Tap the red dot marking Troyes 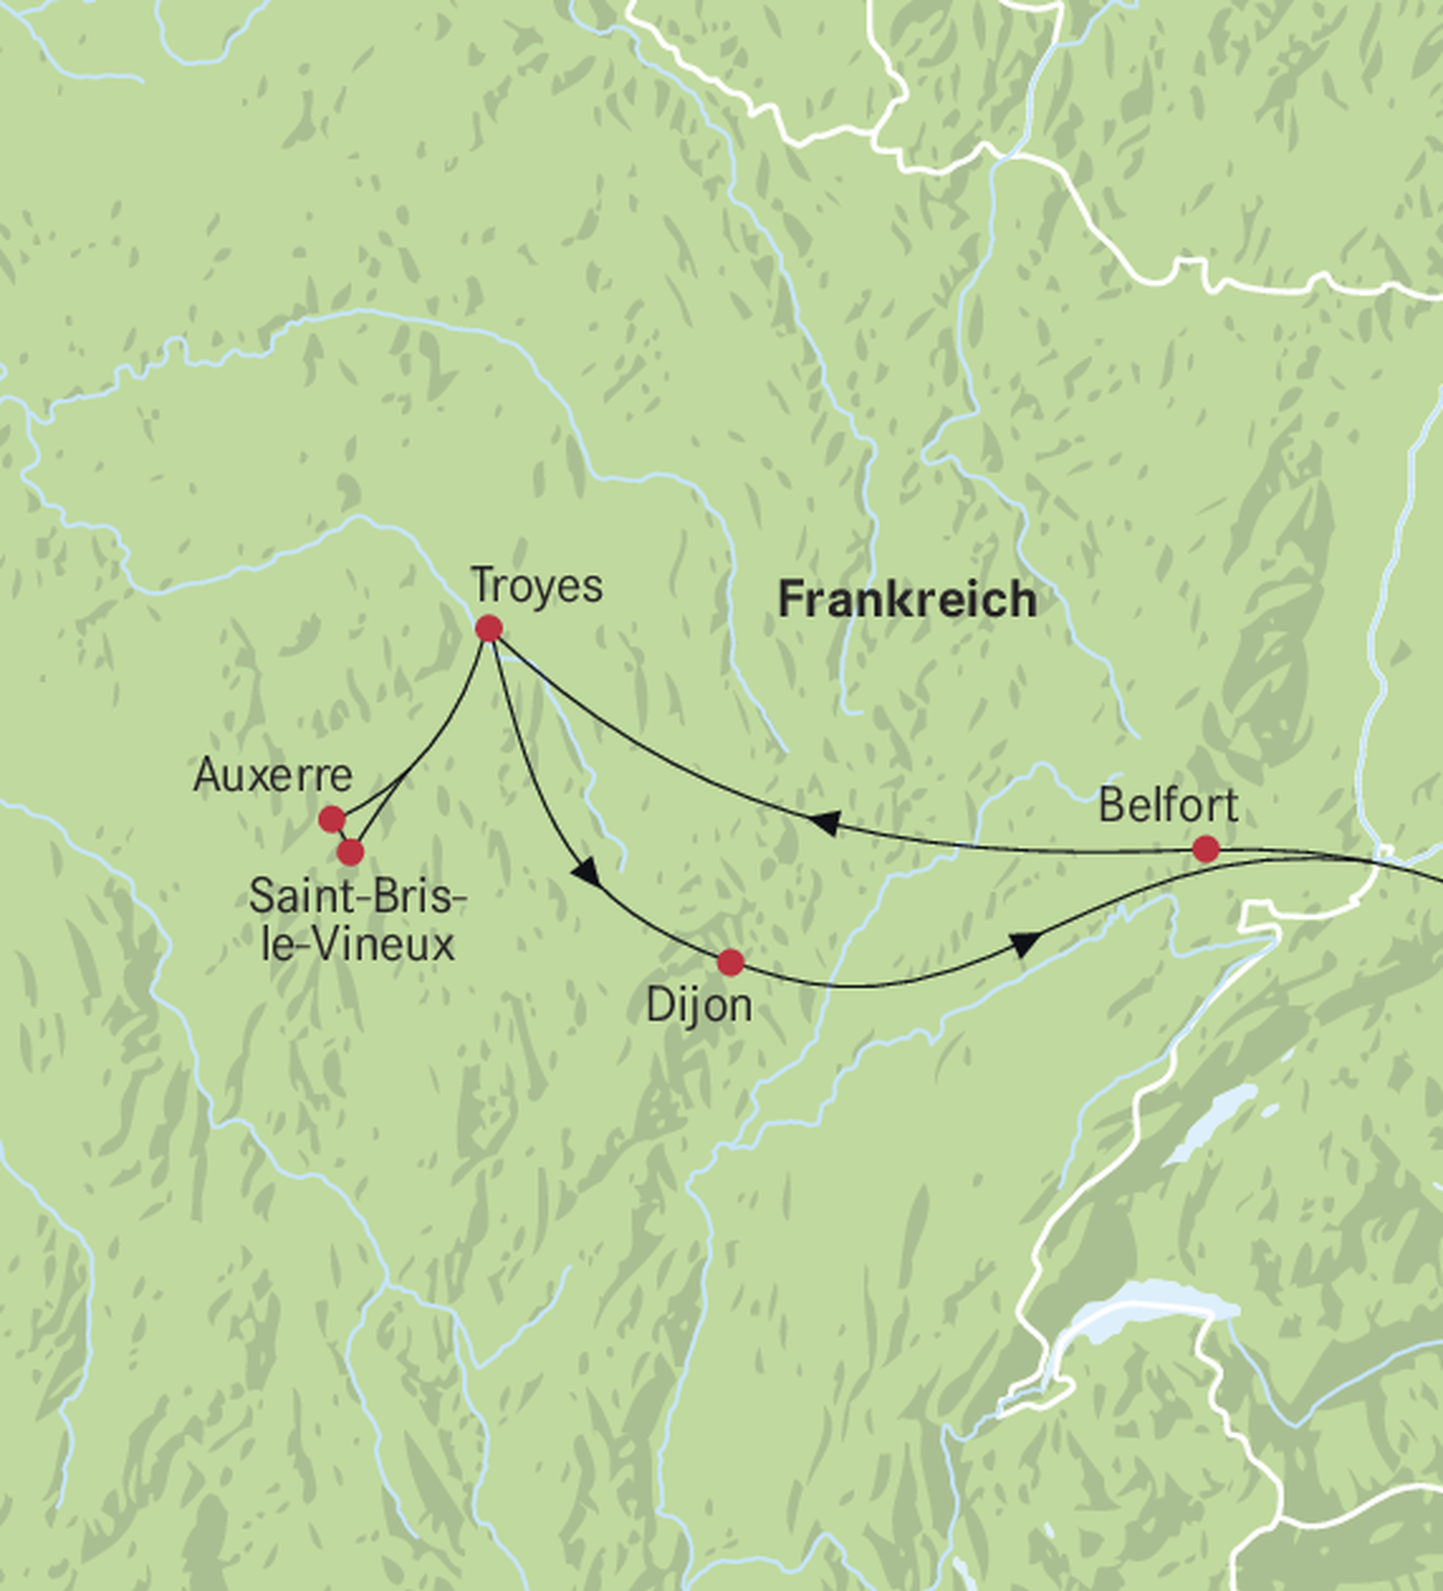click(488, 628)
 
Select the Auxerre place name click(273, 775)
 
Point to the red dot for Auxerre click(332, 819)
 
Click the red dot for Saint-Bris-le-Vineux click(349, 851)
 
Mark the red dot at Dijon click(730, 962)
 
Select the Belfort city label click(1168, 806)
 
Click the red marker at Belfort click(1206, 849)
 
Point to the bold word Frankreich click(907, 600)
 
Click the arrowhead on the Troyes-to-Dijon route click(586, 872)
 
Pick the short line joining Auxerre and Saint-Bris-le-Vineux click(341, 836)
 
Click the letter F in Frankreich click(789, 600)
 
